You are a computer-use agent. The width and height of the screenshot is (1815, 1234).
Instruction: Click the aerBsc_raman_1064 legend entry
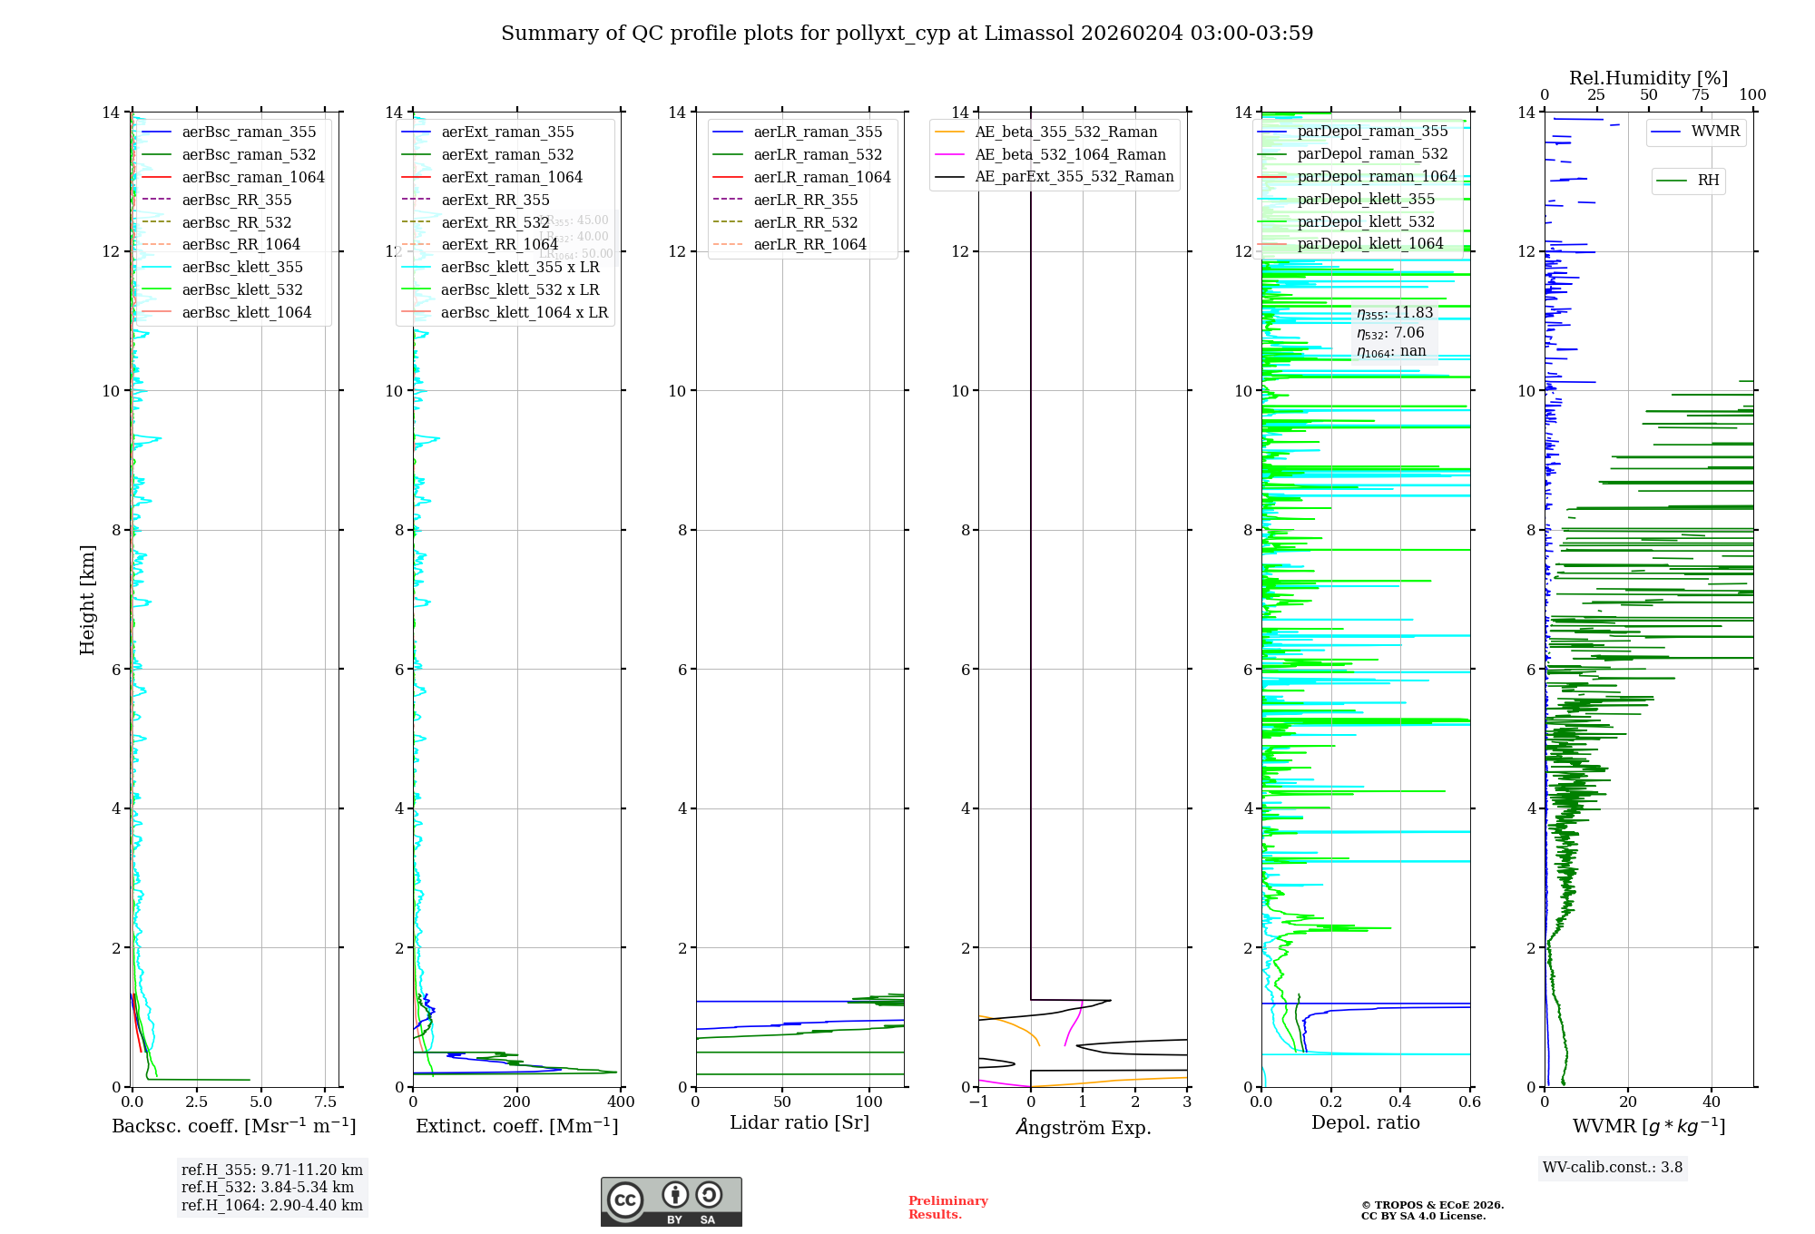click(252, 177)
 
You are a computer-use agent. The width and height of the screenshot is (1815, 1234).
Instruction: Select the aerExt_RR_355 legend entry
click(495, 200)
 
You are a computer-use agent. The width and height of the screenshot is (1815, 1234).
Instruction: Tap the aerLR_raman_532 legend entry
click(817, 154)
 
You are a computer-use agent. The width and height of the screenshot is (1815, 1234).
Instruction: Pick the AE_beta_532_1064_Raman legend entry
click(1070, 154)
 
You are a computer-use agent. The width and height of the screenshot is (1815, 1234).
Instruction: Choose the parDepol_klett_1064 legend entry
click(1369, 243)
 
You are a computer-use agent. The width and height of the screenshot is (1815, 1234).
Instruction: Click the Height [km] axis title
click(87, 599)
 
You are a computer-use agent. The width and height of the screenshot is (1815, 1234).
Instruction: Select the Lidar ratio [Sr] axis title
click(799, 1122)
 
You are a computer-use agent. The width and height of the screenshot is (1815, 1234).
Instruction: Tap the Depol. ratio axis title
click(1365, 1122)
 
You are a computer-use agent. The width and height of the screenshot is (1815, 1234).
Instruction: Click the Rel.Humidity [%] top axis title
click(1648, 78)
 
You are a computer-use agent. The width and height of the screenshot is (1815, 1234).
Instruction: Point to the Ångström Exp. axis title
click(1083, 1127)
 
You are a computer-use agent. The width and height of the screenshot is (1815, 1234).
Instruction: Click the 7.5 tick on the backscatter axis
click(325, 1102)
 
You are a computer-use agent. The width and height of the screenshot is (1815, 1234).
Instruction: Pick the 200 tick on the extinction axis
click(516, 1102)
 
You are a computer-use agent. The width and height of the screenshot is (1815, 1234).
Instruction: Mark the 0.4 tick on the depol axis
click(1400, 1102)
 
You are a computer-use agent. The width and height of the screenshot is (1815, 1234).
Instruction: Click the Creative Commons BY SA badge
click(671, 1201)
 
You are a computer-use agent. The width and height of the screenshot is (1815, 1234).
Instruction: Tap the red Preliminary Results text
click(947, 1207)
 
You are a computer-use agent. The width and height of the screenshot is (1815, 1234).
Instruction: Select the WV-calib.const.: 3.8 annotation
click(1612, 1167)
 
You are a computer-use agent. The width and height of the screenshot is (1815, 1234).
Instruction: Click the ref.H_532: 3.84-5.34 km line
click(268, 1187)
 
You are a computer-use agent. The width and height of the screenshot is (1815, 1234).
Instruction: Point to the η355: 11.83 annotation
click(1395, 313)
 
